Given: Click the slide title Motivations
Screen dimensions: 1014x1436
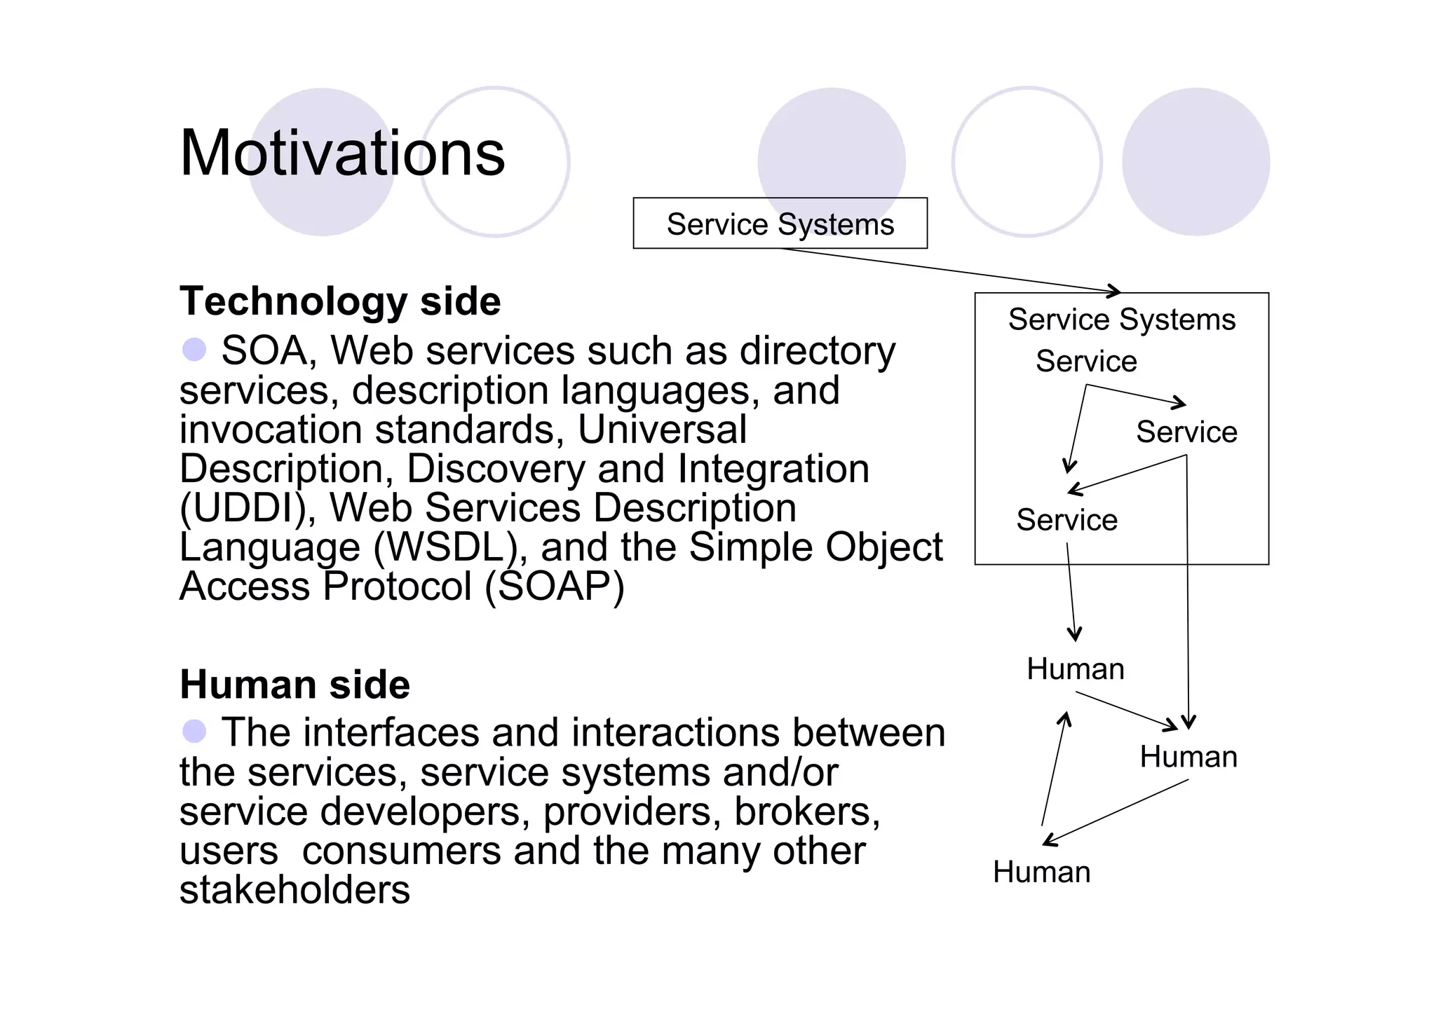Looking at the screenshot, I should (x=342, y=153).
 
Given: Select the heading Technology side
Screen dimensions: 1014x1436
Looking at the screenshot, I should (x=340, y=301).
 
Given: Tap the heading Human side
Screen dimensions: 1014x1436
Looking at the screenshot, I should (x=294, y=685).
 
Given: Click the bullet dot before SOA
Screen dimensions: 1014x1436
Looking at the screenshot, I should (x=194, y=349).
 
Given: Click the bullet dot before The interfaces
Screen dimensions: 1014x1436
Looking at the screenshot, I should (x=194, y=731).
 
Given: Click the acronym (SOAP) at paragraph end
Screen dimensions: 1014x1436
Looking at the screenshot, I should (x=554, y=587).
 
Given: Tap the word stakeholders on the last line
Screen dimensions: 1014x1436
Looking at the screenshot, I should (x=294, y=890).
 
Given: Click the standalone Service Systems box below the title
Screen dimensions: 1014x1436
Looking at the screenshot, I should (x=780, y=224).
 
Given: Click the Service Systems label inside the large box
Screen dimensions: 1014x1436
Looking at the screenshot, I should (x=1121, y=320).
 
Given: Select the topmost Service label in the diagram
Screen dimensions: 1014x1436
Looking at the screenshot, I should (x=1086, y=362).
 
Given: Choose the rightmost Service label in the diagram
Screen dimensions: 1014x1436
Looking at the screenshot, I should (x=1186, y=432).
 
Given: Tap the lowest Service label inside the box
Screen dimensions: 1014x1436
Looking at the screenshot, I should (x=1066, y=520).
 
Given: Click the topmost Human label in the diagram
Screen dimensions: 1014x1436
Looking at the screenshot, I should (x=1076, y=669).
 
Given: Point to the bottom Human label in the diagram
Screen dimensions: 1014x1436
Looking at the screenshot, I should (x=1041, y=872).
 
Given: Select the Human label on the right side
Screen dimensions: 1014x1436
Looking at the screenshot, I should (x=1188, y=757).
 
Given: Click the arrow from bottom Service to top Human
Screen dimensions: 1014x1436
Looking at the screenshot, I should (x=1071, y=592).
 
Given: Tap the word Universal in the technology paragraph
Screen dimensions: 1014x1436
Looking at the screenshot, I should (x=662, y=430).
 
